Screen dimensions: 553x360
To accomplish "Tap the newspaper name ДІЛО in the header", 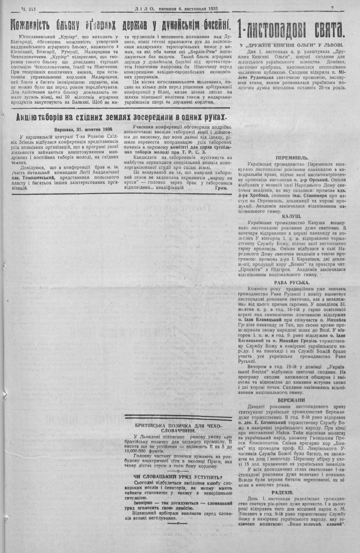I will (x=144, y=8).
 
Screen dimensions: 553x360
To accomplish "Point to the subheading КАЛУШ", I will (x=292, y=217).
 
